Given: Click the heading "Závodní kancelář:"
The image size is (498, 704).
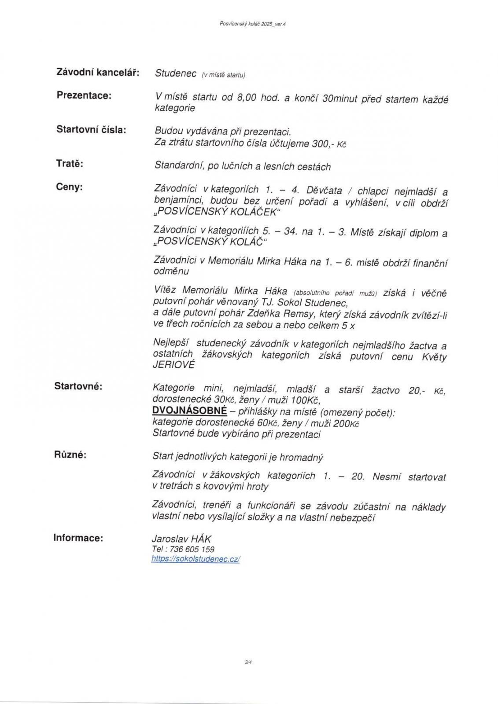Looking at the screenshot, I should pos(97,72).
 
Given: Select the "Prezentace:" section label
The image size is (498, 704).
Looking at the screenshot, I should pos(84,95).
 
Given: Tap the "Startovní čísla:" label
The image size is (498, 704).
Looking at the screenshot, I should pos(91,129).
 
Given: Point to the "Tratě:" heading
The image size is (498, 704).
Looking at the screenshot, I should pos(70,164).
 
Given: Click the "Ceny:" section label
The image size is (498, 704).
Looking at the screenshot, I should pos(70,187).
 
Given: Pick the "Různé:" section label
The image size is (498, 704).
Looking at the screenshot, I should pos(70,455).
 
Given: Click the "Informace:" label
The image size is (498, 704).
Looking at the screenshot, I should pos(78,537).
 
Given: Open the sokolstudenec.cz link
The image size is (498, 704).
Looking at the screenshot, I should pos(196,559).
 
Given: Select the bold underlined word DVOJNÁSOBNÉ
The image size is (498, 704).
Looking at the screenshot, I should pos(189,411).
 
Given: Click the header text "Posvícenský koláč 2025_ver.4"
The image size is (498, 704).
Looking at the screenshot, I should pos(253,24).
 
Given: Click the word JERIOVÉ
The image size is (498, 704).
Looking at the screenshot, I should pos(173,365).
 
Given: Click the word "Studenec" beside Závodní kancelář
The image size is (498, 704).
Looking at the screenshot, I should pos(176,73).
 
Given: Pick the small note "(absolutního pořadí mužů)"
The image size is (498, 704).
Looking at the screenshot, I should pos(335,292).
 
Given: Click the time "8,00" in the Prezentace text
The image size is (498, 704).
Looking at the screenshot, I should pos(247,98).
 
